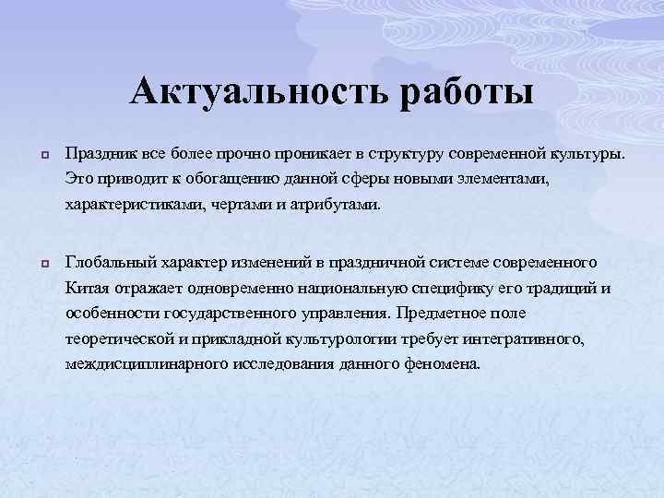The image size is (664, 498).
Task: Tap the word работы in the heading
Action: pos(468,94)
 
